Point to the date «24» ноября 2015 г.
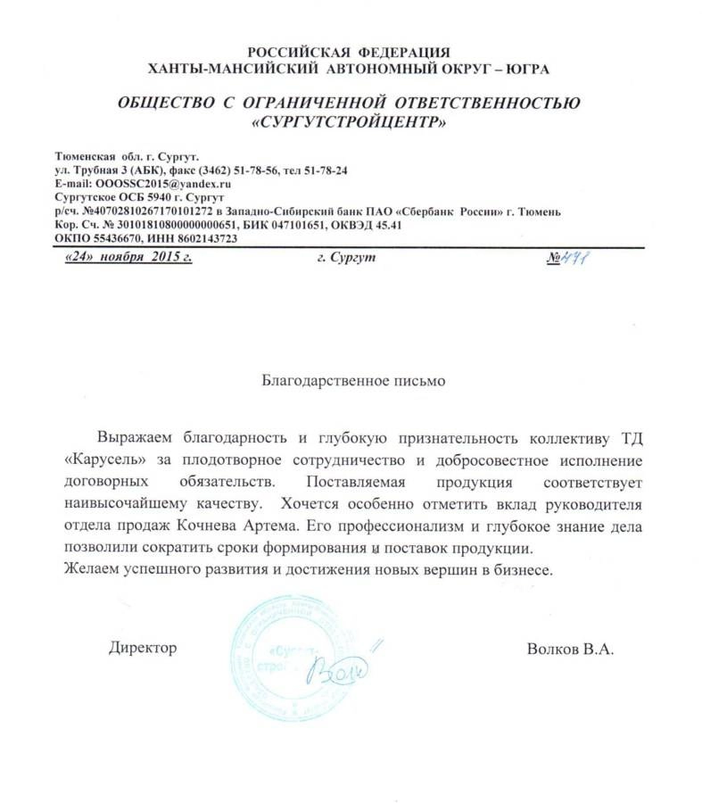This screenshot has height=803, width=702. tap(129, 257)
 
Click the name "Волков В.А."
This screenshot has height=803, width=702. tap(571, 647)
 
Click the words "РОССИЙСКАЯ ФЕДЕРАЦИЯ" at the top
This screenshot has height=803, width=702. tap(349, 52)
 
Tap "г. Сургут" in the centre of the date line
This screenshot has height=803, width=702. tap(346, 257)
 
